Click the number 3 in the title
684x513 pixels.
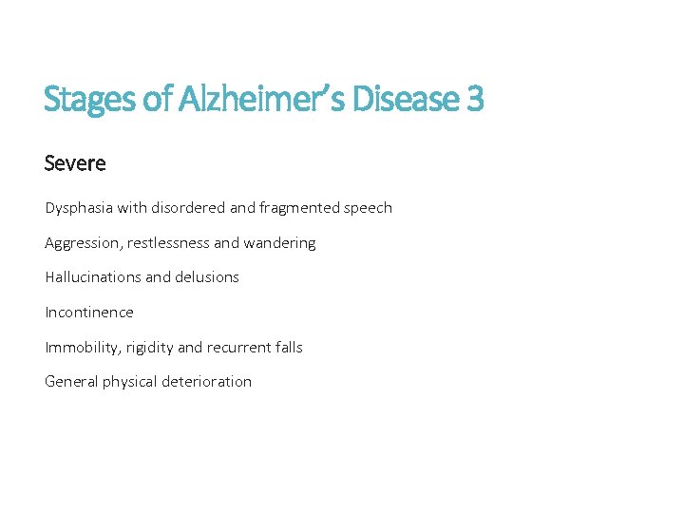pos(475,98)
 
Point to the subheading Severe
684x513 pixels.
pos(75,163)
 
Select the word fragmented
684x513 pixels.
pos(299,207)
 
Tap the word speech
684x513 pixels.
pos(369,208)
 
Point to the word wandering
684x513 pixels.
pos(279,243)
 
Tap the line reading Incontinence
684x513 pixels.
pos(89,313)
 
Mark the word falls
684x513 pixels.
pos(286,347)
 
